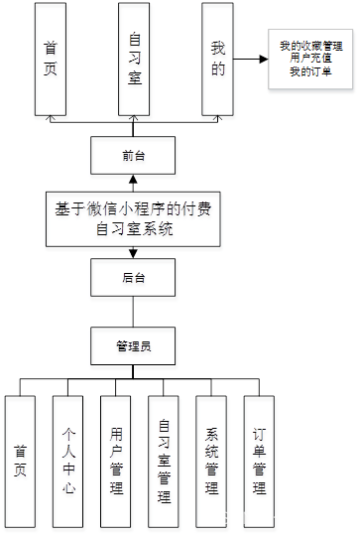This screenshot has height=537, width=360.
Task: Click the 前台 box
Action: click(x=133, y=157)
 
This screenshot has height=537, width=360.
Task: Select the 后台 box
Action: click(x=134, y=280)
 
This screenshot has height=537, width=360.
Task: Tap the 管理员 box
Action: click(x=133, y=345)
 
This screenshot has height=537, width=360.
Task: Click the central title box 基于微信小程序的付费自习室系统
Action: click(x=135, y=218)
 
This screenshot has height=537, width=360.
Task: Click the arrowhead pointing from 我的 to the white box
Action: click(x=262, y=59)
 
